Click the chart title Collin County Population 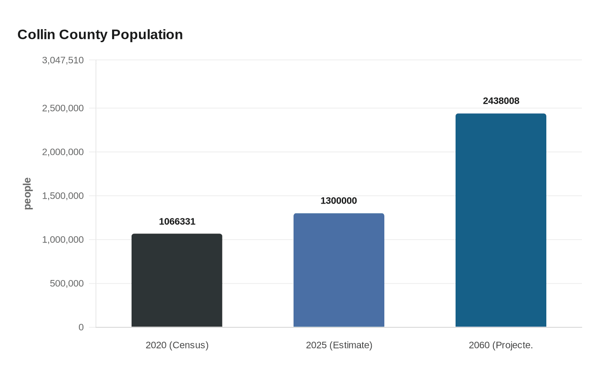pyautogui.click(x=100, y=35)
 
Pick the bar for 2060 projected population pyautogui.click(x=501, y=220)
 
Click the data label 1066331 pyautogui.click(x=177, y=222)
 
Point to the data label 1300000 pyautogui.click(x=339, y=201)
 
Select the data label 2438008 pyautogui.click(x=501, y=101)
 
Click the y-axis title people pyautogui.click(x=27, y=194)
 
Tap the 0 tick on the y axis pyautogui.click(x=81, y=327)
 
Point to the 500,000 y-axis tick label pyautogui.click(x=66, y=283)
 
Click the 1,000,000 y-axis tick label pyautogui.click(x=63, y=240)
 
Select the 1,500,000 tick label pyautogui.click(x=63, y=196)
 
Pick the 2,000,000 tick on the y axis pyautogui.click(x=63, y=152)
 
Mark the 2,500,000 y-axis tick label pyautogui.click(x=63, y=108)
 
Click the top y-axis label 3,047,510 pyautogui.click(x=63, y=60)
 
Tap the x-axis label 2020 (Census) pyautogui.click(x=177, y=345)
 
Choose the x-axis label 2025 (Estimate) pyautogui.click(x=339, y=345)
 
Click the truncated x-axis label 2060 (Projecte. pyautogui.click(x=501, y=345)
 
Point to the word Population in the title pyautogui.click(x=147, y=35)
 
